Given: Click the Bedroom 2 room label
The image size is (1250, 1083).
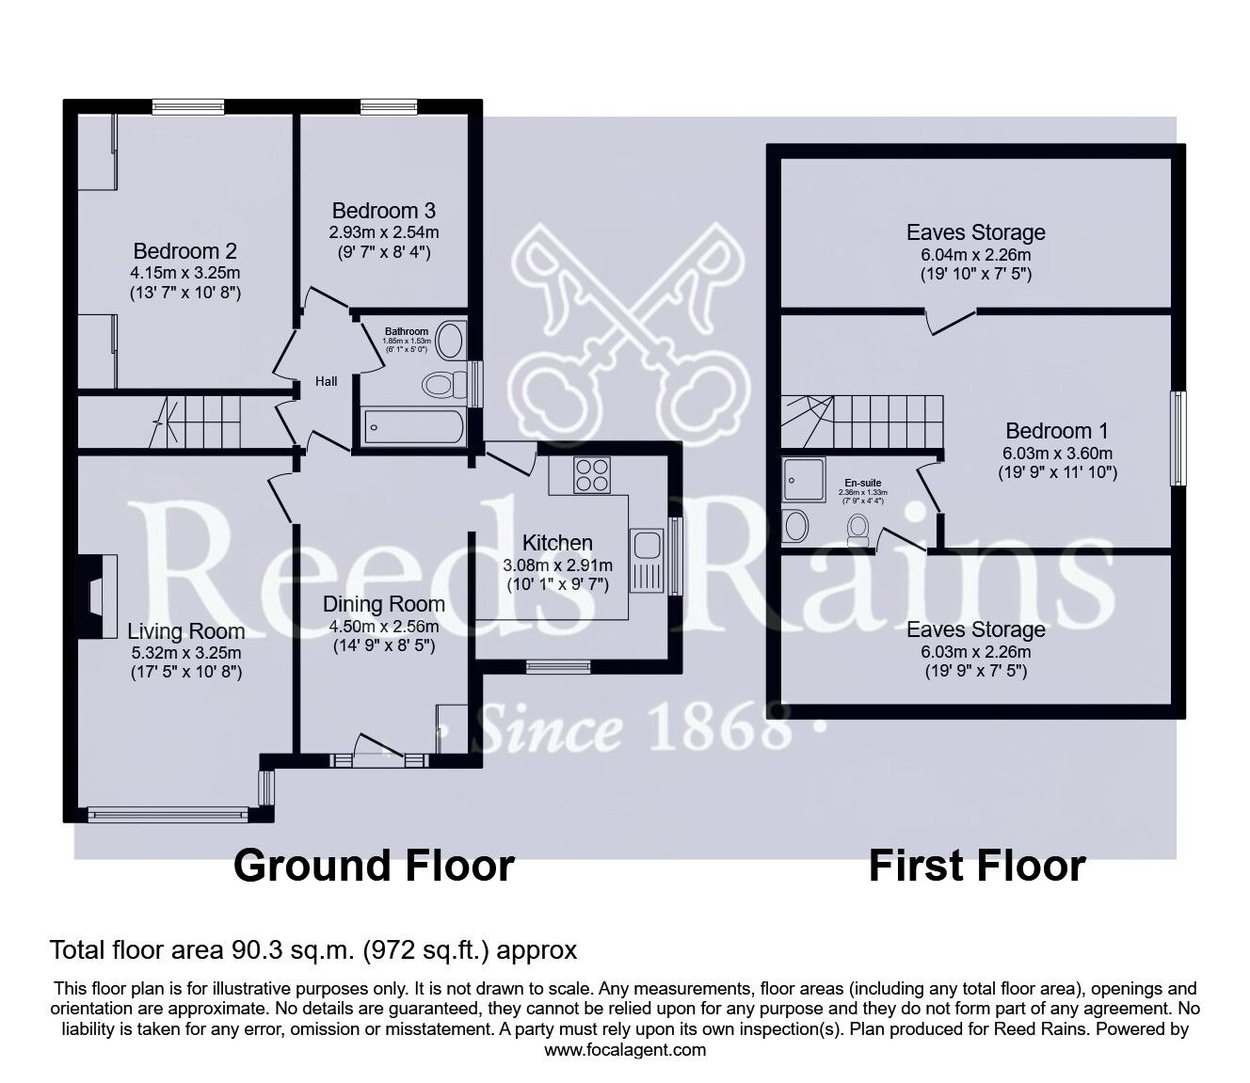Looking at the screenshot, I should pyautogui.click(x=184, y=251).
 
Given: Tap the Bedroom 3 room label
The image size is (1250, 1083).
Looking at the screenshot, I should pyautogui.click(x=384, y=210).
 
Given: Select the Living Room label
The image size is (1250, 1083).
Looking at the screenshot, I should pyautogui.click(x=185, y=631).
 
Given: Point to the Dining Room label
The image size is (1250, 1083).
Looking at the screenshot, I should pyautogui.click(x=384, y=603).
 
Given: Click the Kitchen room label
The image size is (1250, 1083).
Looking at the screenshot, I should pyautogui.click(x=557, y=543).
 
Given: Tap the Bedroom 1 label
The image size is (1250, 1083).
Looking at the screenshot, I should pyautogui.click(x=1056, y=431).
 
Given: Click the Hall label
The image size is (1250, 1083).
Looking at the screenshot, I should pyautogui.click(x=327, y=381).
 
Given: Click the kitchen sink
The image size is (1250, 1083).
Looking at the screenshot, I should pyautogui.click(x=647, y=545).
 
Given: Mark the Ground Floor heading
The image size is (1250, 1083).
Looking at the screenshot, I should pyautogui.click(x=374, y=866).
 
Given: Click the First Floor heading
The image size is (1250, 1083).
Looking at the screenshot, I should pyautogui.click(x=976, y=866).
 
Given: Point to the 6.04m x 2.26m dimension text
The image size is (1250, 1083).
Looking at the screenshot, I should pyautogui.click(x=975, y=255).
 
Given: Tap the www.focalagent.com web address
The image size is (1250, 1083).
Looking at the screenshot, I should pyautogui.click(x=625, y=1050).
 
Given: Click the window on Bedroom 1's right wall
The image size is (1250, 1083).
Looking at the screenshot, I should pyautogui.click(x=1177, y=438).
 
